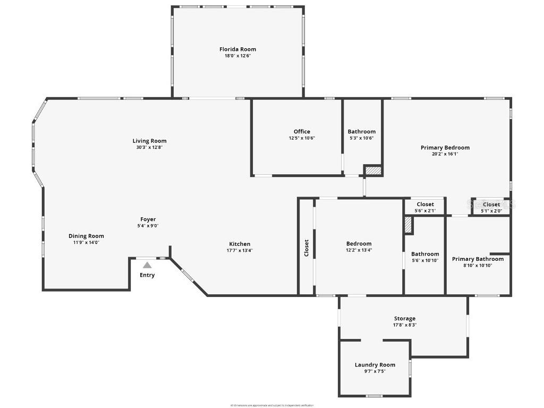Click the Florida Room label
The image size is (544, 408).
(x=237, y=49)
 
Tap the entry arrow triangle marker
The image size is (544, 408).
(x=147, y=265)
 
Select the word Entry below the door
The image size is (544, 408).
(x=147, y=275)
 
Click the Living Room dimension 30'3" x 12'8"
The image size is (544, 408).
(x=149, y=148)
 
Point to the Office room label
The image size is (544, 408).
(x=302, y=132)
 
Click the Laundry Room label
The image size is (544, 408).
(x=375, y=365)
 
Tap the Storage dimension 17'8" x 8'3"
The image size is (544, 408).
(x=404, y=325)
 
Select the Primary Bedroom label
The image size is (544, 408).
(x=445, y=148)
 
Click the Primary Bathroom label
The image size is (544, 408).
(x=478, y=259)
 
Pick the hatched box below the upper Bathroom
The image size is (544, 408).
(x=373, y=171)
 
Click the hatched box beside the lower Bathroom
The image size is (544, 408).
(x=408, y=224)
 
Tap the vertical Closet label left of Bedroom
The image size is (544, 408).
(x=307, y=248)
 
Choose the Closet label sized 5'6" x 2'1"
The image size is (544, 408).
(x=425, y=204)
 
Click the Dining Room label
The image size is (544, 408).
(x=86, y=236)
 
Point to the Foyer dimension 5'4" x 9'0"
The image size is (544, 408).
(x=148, y=226)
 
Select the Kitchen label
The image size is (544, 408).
(x=240, y=244)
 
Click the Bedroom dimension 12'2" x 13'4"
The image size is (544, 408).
(x=359, y=250)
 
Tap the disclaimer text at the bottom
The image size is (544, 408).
(x=272, y=405)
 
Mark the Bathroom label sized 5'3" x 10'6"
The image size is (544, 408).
(x=361, y=132)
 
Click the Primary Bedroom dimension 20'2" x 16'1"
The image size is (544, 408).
(x=445, y=154)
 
